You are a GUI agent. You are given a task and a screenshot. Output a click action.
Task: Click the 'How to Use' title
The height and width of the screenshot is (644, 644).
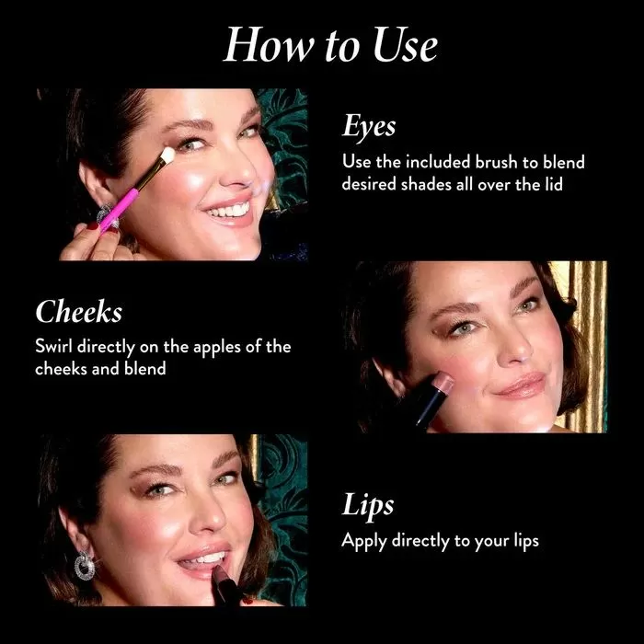330,45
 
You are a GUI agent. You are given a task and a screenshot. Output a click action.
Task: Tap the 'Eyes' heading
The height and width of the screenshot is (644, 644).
369,126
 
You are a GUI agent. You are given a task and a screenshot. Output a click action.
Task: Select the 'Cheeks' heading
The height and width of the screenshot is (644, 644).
79,311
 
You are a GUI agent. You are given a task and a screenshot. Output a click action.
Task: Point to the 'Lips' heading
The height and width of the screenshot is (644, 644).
368,505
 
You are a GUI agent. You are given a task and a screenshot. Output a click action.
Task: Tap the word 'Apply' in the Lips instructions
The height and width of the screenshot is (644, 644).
364,542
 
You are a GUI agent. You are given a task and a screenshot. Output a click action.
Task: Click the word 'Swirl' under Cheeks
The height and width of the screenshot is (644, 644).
54,346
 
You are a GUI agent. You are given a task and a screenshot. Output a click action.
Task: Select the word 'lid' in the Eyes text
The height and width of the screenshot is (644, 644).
554,184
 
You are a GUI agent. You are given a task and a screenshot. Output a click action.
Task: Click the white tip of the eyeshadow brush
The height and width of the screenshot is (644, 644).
167,155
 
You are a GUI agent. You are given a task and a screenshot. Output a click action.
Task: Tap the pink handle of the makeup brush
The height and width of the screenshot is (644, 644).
119,208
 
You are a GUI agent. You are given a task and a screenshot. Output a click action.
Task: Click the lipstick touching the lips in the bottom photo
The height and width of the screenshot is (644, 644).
225,584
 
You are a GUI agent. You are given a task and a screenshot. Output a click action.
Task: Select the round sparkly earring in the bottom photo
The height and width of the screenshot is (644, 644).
85,566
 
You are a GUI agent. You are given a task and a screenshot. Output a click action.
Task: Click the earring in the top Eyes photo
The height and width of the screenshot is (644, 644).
106,216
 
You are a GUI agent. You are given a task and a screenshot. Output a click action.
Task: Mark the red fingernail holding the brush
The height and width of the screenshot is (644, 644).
92,225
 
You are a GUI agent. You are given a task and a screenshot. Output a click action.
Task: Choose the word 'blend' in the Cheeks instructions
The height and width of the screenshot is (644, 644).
145,368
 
